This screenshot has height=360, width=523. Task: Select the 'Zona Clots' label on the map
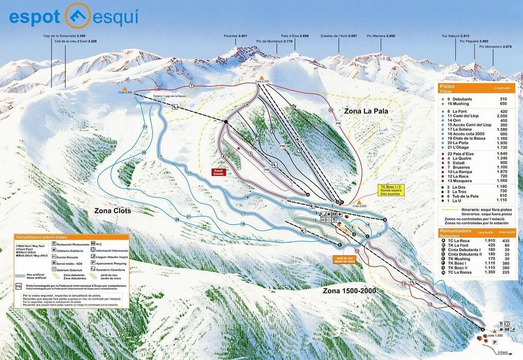tap(113, 210)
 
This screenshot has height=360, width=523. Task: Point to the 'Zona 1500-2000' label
tap(349, 290)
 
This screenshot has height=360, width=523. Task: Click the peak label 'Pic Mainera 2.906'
tap(381, 36)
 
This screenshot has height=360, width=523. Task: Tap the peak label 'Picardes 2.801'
tap(235, 36)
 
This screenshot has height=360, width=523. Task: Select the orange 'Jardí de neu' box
tap(344, 260)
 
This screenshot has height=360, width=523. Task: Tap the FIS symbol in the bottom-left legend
tap(19, 285)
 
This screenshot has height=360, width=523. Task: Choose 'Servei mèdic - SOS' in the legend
tap(72, 263)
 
